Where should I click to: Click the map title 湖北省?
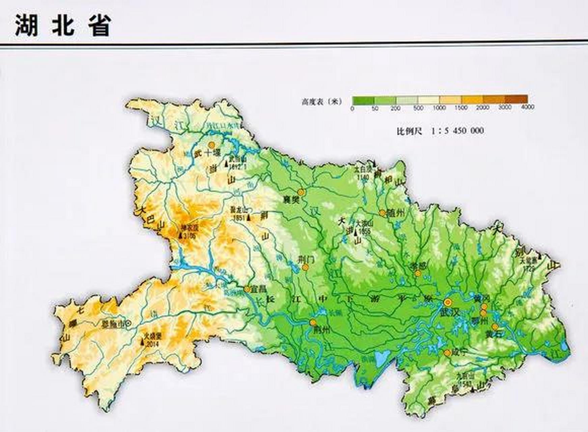(63, 25)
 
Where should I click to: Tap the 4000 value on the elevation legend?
(528, 107)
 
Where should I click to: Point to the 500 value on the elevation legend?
(418, 108)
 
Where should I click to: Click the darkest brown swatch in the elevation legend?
(516, 100)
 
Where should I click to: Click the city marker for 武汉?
(448, 302)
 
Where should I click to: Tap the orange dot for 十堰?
(212, 145)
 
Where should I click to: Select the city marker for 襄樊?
(301, 192)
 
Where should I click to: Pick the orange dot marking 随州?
(382, 213)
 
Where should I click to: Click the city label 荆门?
(306, 260)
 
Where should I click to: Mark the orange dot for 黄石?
(495, 327)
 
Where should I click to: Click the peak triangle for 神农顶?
(180, 236)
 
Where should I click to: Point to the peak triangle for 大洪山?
(356, 232)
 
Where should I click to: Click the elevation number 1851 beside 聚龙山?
(239, 218)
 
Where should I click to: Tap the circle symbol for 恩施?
(128, 323)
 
